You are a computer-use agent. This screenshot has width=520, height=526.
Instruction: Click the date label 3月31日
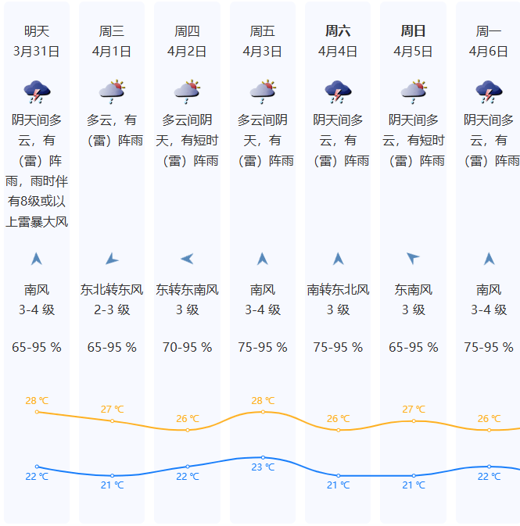37,52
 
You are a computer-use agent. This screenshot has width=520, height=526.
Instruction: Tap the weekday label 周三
112,31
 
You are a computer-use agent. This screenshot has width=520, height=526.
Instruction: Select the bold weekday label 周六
338,31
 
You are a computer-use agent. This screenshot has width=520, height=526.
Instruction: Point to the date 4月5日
413,52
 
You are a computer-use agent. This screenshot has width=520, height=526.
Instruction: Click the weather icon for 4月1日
112,92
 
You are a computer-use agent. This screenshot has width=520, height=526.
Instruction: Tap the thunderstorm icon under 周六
338,92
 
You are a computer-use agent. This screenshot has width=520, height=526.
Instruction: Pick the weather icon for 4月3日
263,92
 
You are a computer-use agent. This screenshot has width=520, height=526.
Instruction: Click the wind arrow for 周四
187,259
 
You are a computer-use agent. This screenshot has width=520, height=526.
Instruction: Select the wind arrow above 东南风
413,259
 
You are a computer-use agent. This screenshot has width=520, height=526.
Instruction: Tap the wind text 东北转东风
112,290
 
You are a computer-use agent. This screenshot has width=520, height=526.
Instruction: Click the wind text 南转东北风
338,290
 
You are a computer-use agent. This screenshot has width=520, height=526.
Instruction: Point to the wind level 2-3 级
112,310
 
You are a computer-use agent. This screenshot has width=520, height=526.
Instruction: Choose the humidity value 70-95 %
187,347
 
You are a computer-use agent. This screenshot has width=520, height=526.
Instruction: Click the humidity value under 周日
413,347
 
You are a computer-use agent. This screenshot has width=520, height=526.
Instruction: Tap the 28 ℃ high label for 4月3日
263,401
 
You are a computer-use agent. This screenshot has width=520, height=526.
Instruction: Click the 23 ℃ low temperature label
263,467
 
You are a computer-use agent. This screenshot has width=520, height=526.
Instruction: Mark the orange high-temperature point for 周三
112,420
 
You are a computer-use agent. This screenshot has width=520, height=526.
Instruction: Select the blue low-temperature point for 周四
187,467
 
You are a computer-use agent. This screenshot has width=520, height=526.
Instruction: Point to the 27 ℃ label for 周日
413,410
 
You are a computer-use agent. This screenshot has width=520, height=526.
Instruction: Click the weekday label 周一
489,31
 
